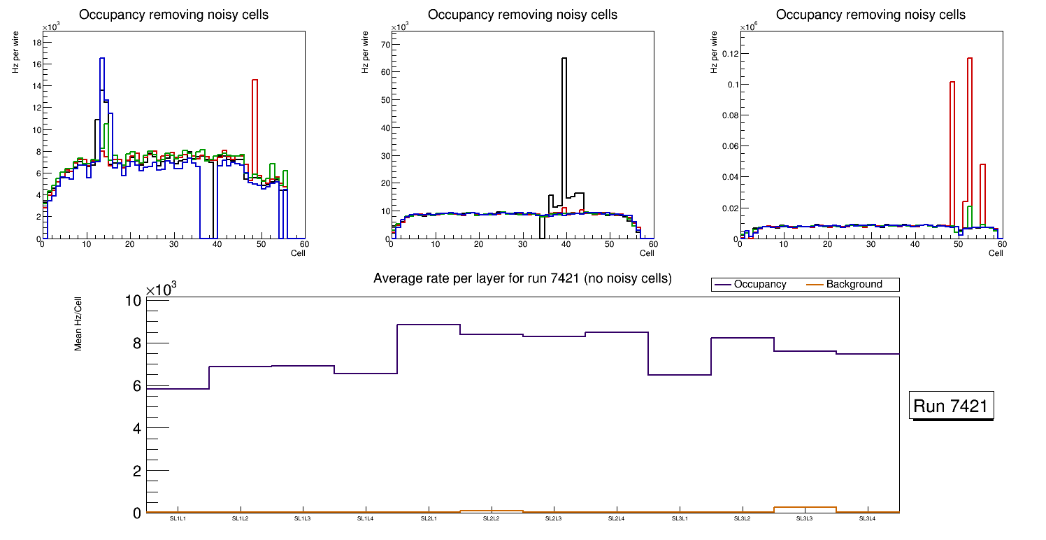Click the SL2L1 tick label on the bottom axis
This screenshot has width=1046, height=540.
[429, 519]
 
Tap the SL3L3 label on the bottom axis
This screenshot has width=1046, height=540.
[805, 519]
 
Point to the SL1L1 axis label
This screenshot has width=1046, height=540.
[178, 519]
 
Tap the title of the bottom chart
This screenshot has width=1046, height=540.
[522, 278]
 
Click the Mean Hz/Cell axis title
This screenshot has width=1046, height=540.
[79, 322]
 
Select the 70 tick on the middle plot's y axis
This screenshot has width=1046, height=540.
[384, 45]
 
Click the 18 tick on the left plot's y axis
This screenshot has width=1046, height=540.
[36, 43]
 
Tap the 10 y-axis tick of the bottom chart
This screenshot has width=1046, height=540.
[134, 301]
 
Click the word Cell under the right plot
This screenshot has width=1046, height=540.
[995, 253]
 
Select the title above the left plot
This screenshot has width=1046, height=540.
[173, 15]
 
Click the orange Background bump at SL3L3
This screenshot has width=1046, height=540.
[805, 507]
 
